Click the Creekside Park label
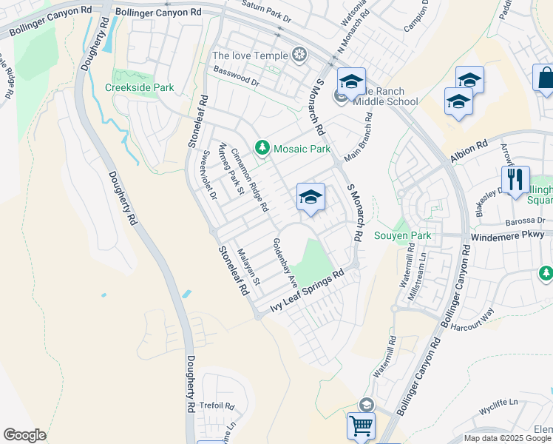pyautogui.click(x=139, y=87)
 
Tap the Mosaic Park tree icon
pyautogui.click(x=262, y=149)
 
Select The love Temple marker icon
pyautogui.click(x=299, y=55)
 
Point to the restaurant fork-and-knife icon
pyautogui.click(x=515, y=179)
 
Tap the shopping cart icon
pyautogui.click(x=361, y=425)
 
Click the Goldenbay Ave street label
pyautogui.click(x=285, y=263)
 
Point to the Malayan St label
pyautogui.click(x=249, y=267)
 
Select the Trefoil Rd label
pyautogui.click(x=219, y=406)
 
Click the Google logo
pyautogui.click(x=24, y=435)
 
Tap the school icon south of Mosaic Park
pyautogui.click(x=311, y=197)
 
